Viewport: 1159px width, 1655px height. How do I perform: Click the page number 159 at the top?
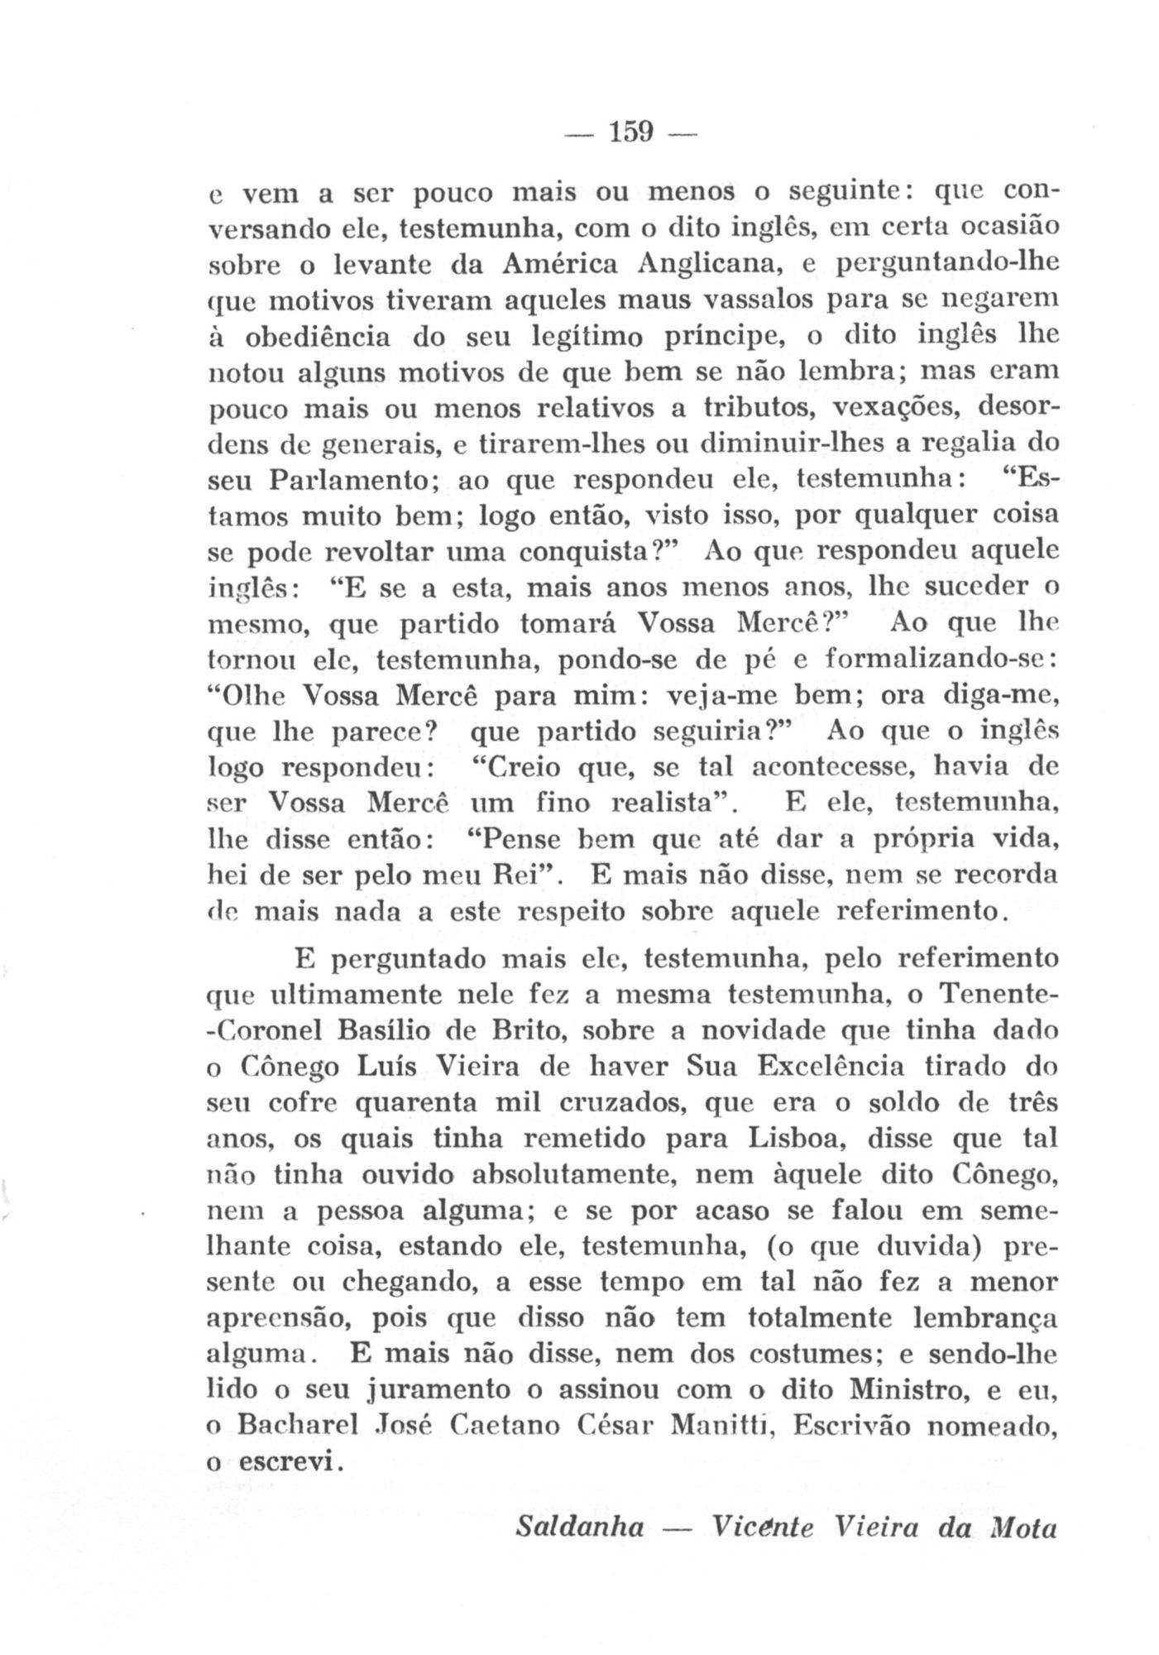tap(630, 132)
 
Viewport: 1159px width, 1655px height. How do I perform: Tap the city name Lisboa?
tap(793, 1139)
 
